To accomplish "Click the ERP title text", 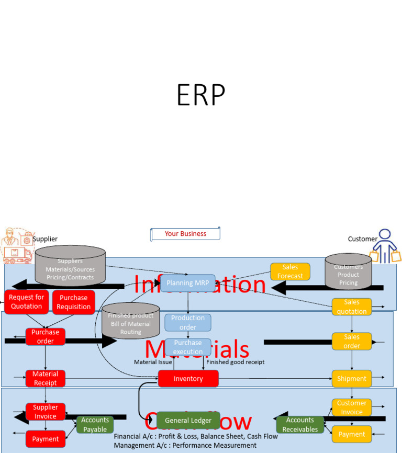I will pos(201,95).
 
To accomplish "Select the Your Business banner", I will pos(185,234).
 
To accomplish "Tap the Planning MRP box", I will pos(187,283).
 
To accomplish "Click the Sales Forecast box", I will pos(290,271).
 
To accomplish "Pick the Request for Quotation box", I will pos(27,302).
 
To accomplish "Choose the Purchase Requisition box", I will pos(74,302).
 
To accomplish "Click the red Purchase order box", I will pos(45,336).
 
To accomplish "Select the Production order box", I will pos(188,322).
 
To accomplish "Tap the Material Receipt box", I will pos(45,378).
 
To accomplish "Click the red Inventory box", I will pos(188,379).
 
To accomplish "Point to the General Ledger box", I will pos(188,421).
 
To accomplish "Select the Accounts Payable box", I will pos(95,425).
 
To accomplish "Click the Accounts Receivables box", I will pos(300,425).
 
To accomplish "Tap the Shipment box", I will pos(352,379).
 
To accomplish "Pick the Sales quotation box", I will pos(352,307).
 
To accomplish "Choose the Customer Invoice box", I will pos(352,407).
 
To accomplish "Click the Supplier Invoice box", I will pos(45,412).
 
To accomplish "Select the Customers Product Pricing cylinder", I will pos(348,272).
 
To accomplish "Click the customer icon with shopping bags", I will pos(385,246).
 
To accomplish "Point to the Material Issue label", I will pos(153,362).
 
